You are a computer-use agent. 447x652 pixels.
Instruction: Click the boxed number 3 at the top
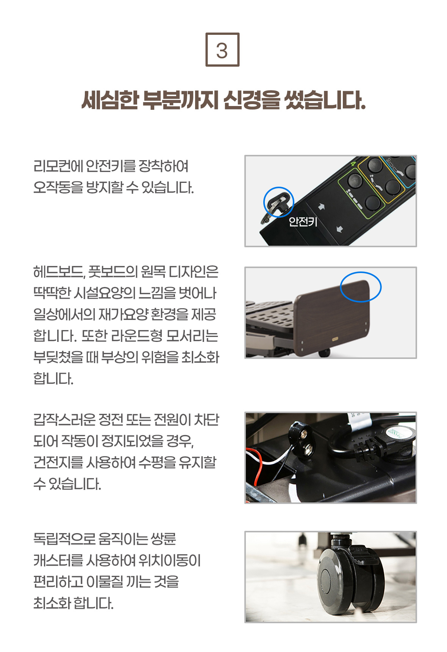click(222, 50)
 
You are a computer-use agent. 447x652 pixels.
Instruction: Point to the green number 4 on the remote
click(353, 164)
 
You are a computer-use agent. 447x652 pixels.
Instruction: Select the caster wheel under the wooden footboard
click(324, 353)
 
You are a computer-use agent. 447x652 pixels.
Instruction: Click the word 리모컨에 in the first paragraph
click(58, 166)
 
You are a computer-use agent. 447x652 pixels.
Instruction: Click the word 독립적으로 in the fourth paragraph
click(64, 539)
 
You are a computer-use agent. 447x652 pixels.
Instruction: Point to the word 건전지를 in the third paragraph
click(58, 462)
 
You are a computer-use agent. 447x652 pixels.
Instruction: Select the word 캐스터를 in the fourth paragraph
click(58, 560)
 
